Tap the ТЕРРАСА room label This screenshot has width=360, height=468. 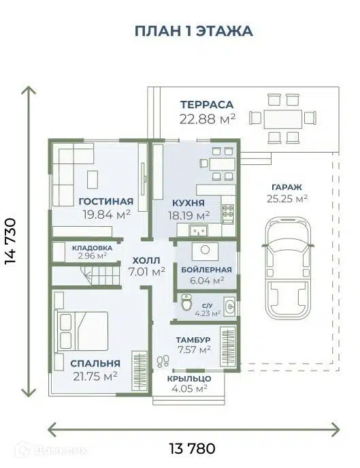point(207,104)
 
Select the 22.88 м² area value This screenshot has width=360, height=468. point(207,119)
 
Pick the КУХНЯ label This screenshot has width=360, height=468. point(189,202)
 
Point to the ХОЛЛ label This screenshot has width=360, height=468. point(147,260)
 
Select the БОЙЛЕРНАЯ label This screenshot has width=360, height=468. point(207,269)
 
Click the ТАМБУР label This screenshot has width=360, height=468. point(194,339)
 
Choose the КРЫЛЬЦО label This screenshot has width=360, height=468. point(189,378)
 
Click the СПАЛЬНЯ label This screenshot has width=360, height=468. point(94,363)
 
